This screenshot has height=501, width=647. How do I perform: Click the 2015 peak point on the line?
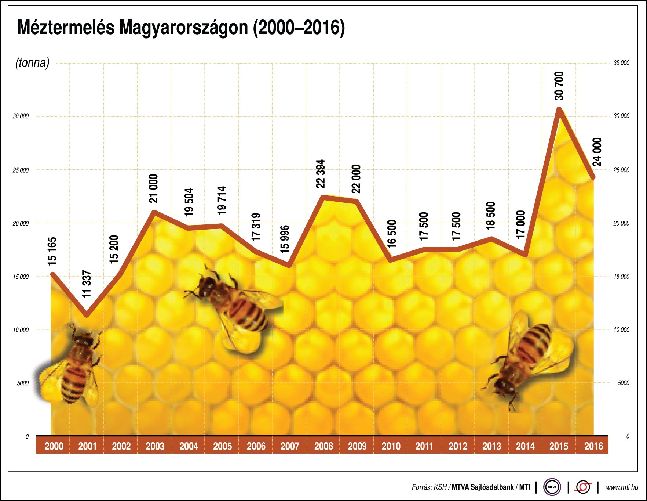coord(559,109)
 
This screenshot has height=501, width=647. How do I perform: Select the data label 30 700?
coord(559,86)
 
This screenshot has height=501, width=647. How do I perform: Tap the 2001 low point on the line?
coord(87,315)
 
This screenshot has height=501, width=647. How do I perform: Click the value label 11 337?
coord(87,284)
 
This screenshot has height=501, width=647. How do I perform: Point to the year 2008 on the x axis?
coord(323,446)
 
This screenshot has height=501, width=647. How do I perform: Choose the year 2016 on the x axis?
coord(593,446)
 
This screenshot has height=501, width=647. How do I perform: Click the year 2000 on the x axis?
coord(54,446)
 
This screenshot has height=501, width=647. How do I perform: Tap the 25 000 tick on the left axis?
coord(21,170)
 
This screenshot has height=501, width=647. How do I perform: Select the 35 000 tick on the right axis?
coord(621,63)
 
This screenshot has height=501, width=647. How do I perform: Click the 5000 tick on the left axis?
coord(22,383)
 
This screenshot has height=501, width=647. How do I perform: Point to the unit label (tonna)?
coord(32,62)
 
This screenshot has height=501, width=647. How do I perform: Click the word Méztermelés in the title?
coord(66,28)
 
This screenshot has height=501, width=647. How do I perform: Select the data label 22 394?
coord(321,173)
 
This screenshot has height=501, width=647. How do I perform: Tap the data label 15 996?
coord(285,239)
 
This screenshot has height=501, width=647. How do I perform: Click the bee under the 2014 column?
coord(528,360)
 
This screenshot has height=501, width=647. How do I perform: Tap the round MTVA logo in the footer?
coord(552,487)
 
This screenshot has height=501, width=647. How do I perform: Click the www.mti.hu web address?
coord(622,487)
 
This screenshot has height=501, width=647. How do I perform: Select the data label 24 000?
coord(597,152)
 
